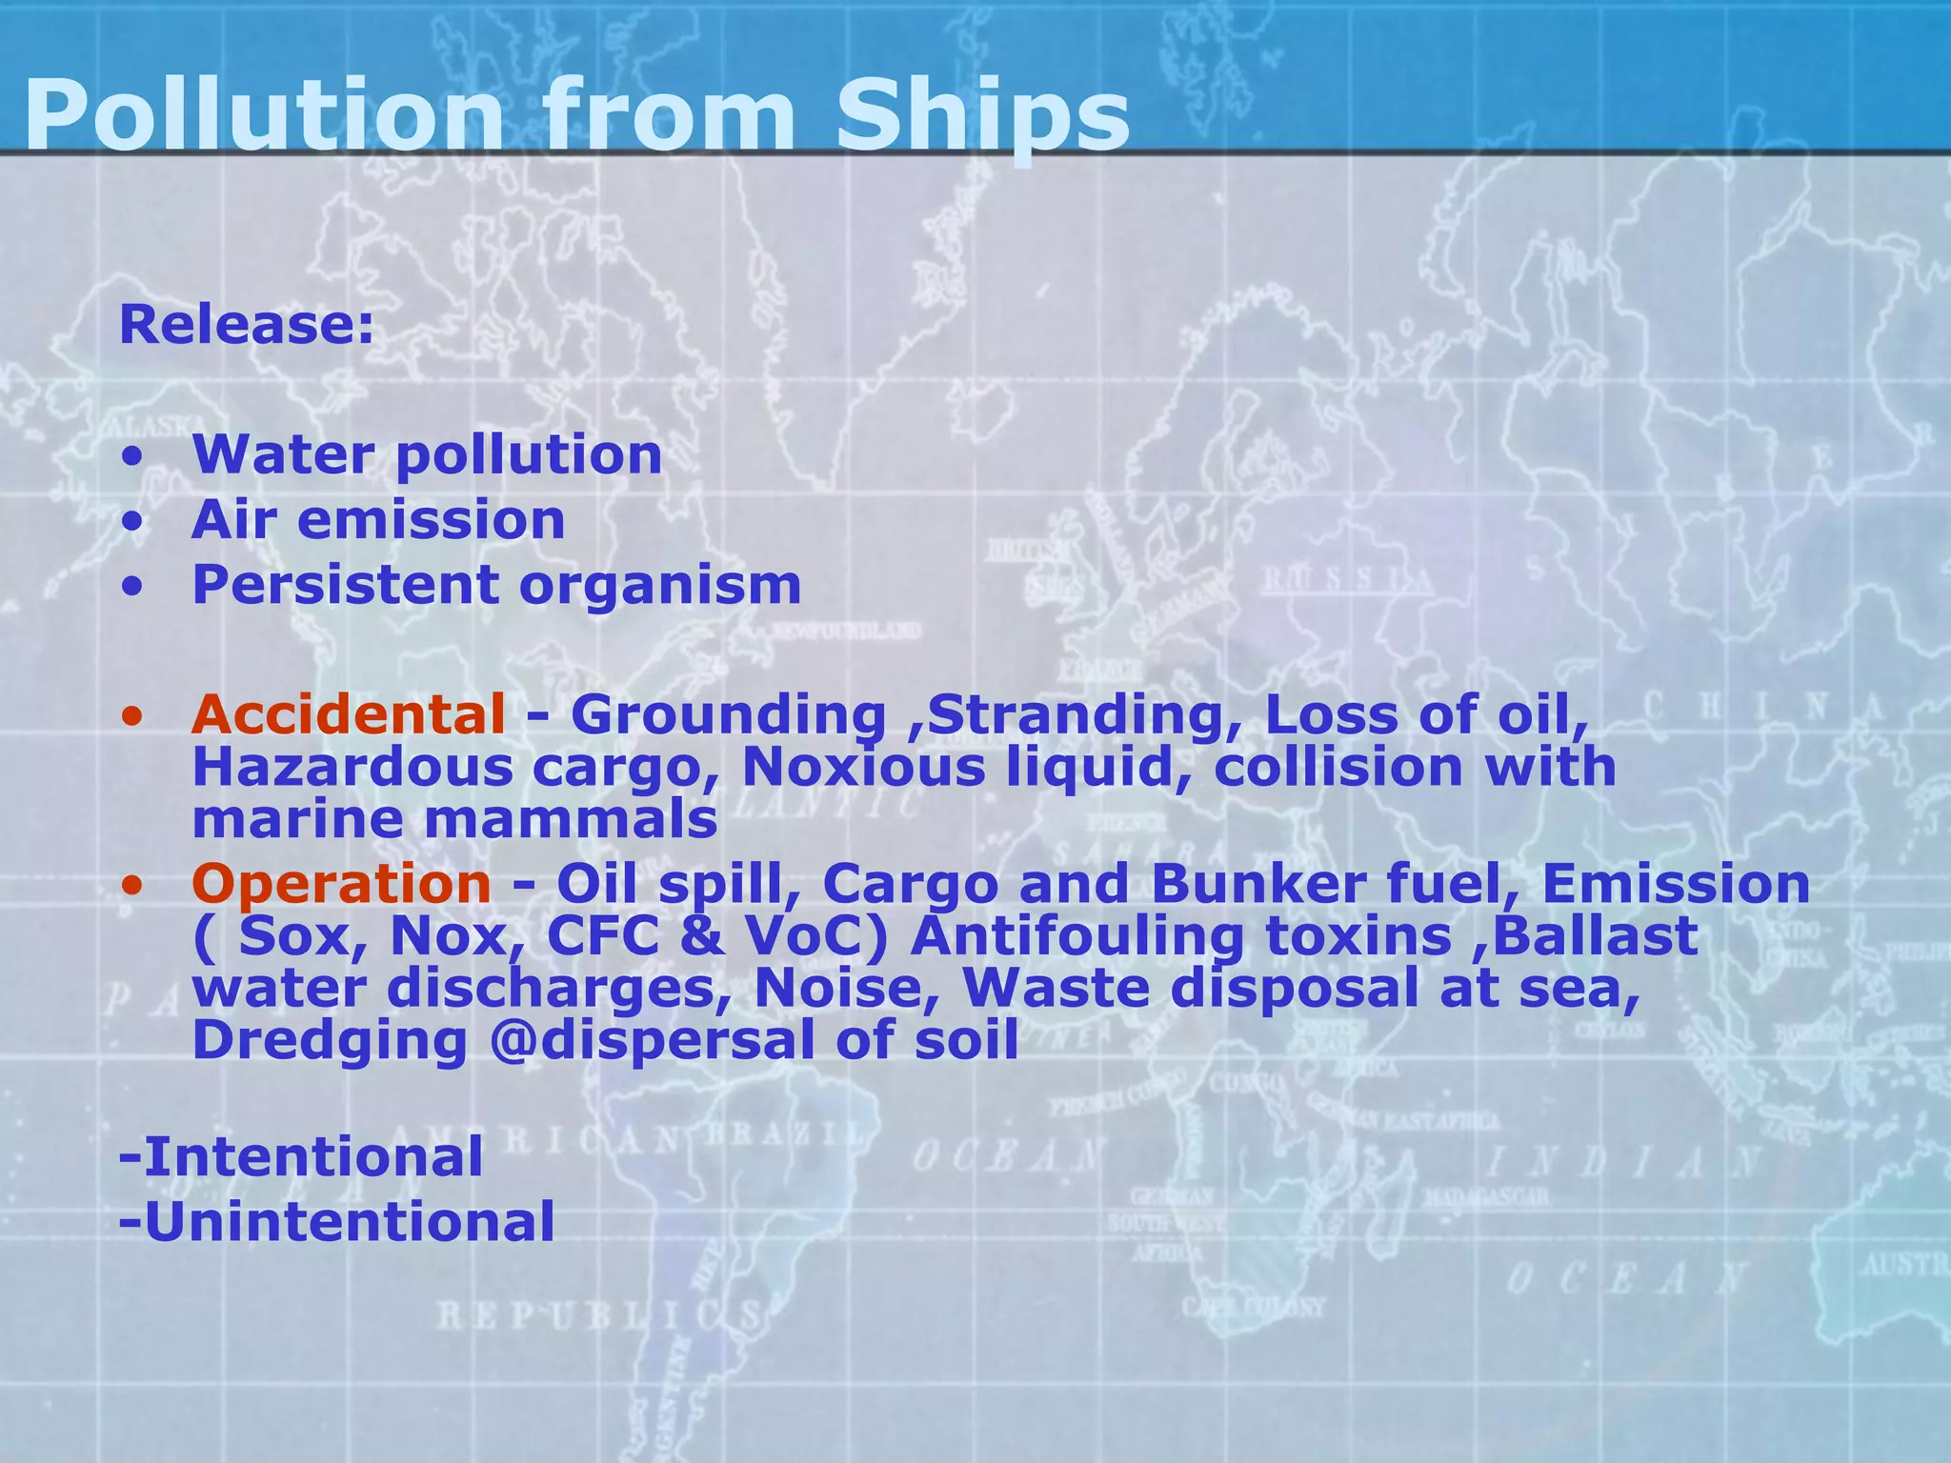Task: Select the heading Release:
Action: [x=247, y=325]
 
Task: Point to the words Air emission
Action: [x=378, y=520]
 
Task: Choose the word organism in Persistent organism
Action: [x=659, y=585]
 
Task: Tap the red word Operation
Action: [x=341, y=884]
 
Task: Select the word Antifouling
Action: [x=1077, y=937]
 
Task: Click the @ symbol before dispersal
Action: [x=500, y=1040]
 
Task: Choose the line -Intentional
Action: [x=301, y=1157]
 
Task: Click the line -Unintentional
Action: [x=336, y=1222]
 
